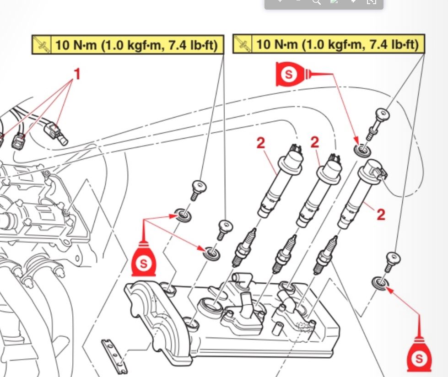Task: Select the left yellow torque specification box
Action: click(128, 45)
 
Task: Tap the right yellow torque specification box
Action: click(329, 44)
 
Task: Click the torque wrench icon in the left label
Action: click(42, 45)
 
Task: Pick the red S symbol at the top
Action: click(289, 75)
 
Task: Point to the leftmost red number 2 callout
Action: click(260, 143)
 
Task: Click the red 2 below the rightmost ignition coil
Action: click(381, 214)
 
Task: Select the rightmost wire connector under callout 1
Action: click(55, 132)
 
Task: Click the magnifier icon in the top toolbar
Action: click(317, 2)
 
